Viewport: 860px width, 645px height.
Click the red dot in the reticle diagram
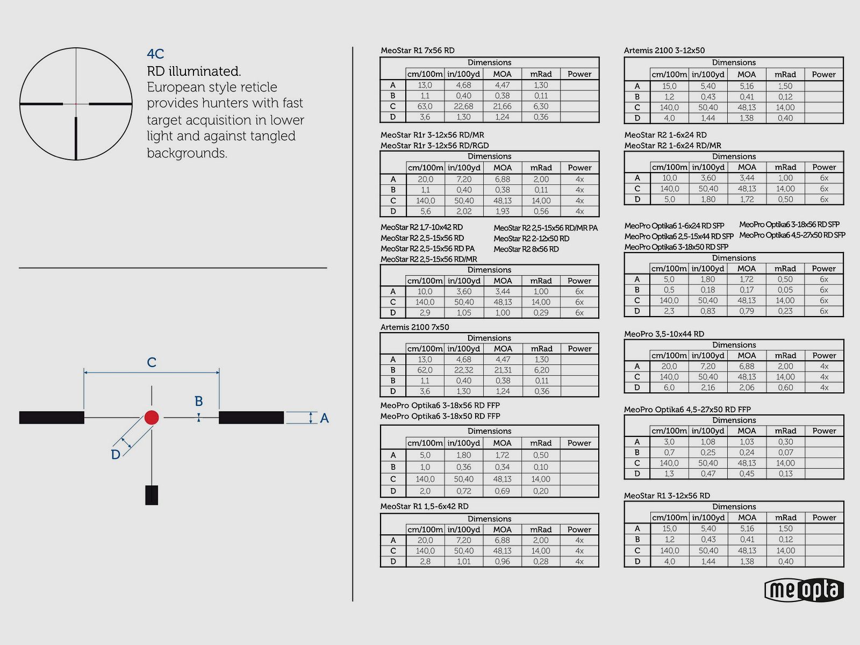[x=152, y=418]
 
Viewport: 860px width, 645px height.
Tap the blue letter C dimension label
[x=152, y=363]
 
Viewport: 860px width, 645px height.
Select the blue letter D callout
[x=116, y=455]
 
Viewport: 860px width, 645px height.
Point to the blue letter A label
[x=324, y=418]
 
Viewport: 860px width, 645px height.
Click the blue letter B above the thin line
[x=199, y=402]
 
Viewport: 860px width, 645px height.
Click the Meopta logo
[x=804, y=590]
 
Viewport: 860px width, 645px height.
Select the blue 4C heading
[x=155, y=54]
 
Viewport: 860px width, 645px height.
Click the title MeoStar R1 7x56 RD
[x=418, y=51]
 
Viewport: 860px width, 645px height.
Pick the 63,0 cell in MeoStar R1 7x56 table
[x=425, y=106]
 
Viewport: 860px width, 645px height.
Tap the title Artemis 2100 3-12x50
[x=664, y=51]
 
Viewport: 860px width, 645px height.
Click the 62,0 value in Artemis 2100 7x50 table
[x=425, y=370]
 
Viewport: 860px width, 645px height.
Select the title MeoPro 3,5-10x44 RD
[x=664, y=334]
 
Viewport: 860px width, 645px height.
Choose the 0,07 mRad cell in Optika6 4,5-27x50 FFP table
[x=785, y=453]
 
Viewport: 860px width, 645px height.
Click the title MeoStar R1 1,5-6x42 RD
[x=424, y=506]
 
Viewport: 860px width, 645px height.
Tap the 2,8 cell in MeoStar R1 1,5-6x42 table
[x=425, y=562]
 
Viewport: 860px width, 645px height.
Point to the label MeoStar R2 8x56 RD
[x=526, y=249]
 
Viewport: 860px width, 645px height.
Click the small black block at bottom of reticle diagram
[x=152, y=495]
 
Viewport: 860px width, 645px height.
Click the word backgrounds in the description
[x=187, y=153]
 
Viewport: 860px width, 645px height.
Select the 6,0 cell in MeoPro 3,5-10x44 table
[x=669, y=388]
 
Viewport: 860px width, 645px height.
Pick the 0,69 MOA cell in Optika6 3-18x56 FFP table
[x=502, y=491]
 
